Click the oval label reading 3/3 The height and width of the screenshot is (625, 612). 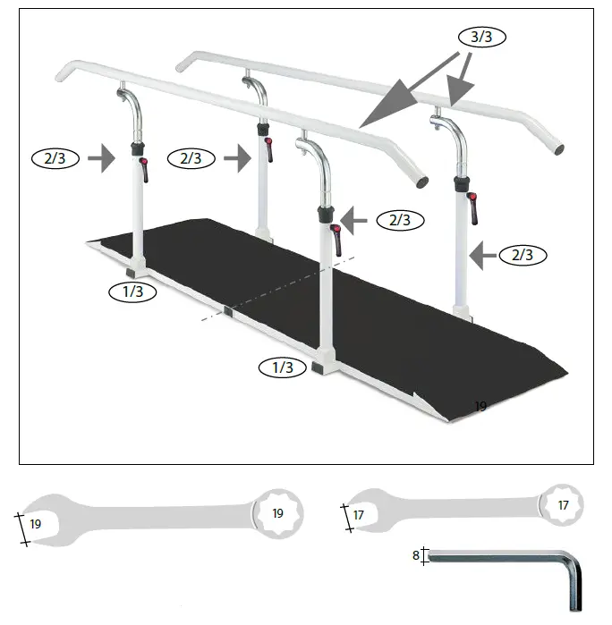coord(481,37)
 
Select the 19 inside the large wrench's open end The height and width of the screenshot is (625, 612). coord(35,525)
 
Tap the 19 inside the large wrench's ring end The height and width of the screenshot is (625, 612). coord(277,513)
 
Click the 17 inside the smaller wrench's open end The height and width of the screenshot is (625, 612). coord(359,514)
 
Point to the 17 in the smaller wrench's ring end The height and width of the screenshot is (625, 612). coord(563,505)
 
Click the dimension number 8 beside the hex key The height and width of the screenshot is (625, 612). coord(416,555)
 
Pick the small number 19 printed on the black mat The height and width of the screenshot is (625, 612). coord(480,407)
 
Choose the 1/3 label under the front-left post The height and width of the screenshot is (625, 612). coord(132,291)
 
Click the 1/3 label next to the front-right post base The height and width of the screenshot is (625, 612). coord(282,367)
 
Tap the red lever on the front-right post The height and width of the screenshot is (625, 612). coord(337,237)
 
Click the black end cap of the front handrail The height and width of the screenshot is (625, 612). coord(419,182)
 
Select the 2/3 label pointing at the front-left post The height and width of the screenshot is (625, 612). coord(55,158)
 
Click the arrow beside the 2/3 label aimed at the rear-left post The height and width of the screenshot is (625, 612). coord(236,159)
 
